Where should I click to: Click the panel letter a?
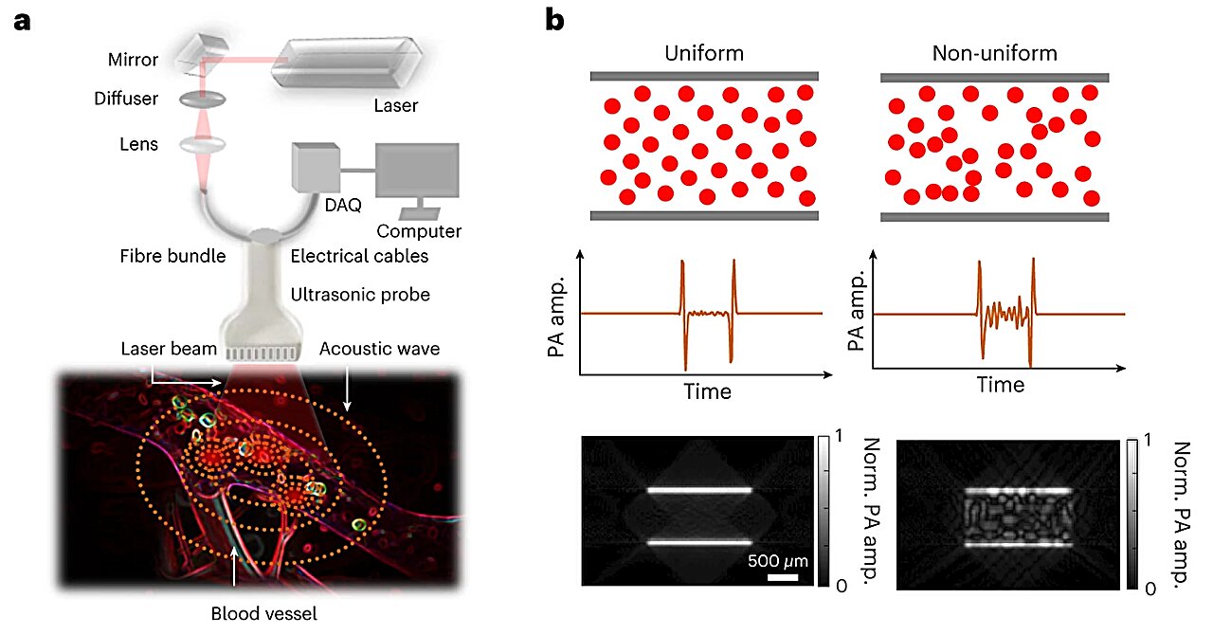coord(22,21)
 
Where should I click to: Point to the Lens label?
coord(138,145)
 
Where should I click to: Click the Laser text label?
coord(395,106)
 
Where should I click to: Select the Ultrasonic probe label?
coord(360,295)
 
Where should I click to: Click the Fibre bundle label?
coord(172,256)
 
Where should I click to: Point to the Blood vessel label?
coord(263,613)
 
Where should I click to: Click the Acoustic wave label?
coord(380,349)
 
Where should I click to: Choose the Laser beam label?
coord(170,349)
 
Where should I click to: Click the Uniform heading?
coord(704,53)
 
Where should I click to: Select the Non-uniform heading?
coord(993,53)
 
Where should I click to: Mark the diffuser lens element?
coord(195,99)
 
